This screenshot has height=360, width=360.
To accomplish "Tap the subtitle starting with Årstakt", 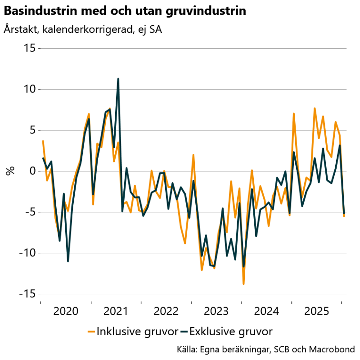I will click(83, 30).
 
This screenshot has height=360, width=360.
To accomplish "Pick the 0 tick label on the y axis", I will click(32, 171).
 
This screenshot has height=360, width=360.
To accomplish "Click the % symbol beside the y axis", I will click(10, 171).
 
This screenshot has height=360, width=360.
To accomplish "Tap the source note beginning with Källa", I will click(266, 349).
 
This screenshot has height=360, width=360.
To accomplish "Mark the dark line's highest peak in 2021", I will click(118, 79).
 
